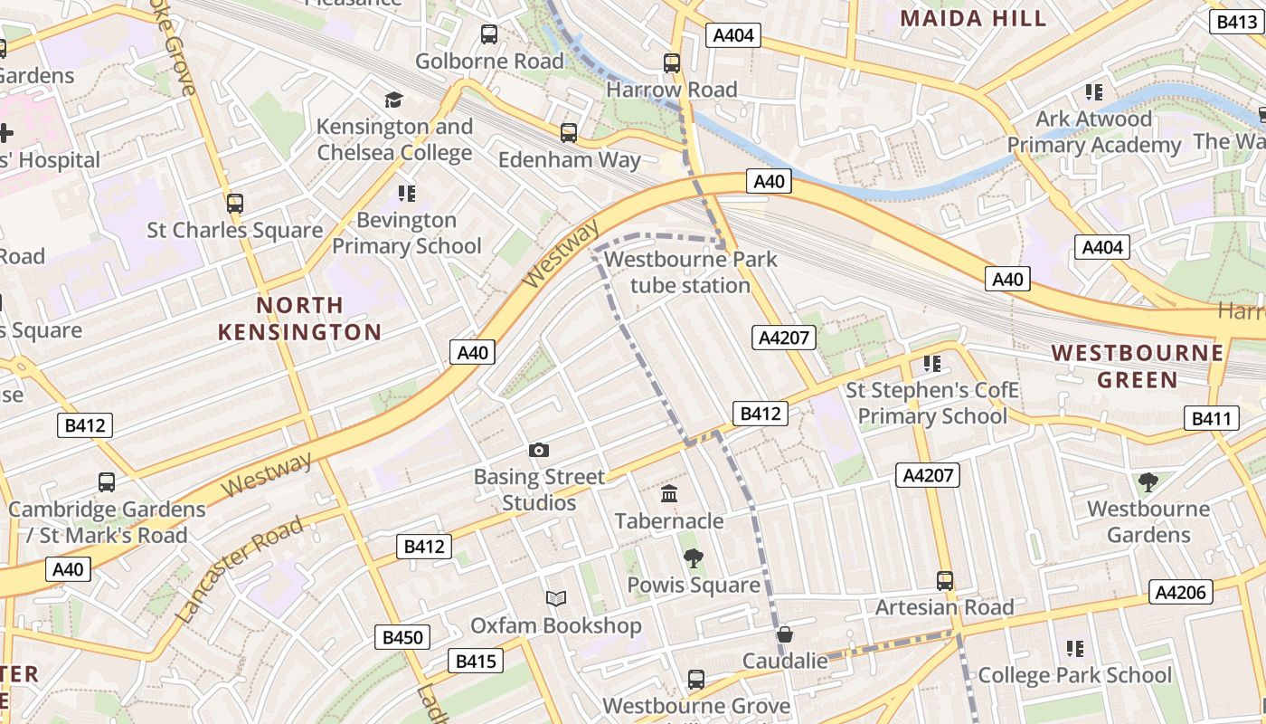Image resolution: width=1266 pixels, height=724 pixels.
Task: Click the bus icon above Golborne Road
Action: tap(489, 34)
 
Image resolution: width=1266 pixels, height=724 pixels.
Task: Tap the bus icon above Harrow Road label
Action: tap(671, 63)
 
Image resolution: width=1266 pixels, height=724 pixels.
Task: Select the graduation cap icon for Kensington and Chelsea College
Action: tap(393, 100)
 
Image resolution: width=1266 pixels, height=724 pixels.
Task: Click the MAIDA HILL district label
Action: tap(973, 18)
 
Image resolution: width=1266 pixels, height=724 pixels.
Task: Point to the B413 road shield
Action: tap(1235, 22)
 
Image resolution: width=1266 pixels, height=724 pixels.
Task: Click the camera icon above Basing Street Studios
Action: tap(539, 450)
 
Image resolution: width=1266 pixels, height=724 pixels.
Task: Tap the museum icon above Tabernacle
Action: tap(669, 494)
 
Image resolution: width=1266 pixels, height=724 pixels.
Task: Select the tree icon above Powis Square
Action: tap(694, 558)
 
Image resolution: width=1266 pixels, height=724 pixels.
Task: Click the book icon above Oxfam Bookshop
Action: tap(556, 598)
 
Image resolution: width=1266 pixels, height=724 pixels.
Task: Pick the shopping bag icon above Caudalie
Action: tap(785, 634)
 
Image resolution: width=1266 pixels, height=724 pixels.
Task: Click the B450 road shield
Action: tap(402, 637)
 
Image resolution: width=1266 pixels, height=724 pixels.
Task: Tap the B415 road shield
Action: tap(476, 662)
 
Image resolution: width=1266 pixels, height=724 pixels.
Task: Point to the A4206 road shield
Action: tap(1180, 592)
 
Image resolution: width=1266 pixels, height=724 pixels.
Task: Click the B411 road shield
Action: tap(1211, 418)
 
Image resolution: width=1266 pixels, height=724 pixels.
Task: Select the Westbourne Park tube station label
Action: tap(691, 272)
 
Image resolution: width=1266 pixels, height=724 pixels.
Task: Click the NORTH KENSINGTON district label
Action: tap(299, 319)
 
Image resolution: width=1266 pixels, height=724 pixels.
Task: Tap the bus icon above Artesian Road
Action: tap(945, 580)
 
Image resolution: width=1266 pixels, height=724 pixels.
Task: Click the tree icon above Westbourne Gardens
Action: tap(1148, 482)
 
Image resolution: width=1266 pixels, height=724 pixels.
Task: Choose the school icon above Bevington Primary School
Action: tap(406, 193)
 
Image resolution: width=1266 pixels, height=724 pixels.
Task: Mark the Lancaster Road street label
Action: tap(240, 569)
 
